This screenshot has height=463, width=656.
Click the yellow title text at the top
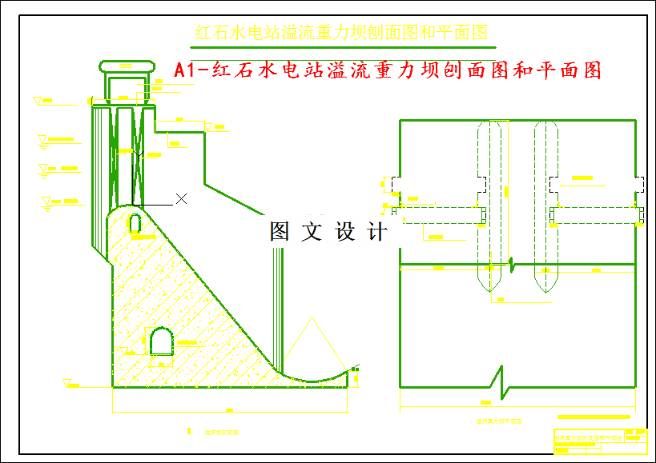click(341, 33)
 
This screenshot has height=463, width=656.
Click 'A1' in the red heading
click(186, 71)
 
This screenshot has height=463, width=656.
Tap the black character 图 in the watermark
click(280, 232)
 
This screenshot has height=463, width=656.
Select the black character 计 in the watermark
click(376, 232)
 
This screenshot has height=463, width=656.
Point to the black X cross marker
click(182, 198)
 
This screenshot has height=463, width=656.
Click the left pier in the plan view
click(492, 206)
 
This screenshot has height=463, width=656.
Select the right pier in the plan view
click(545, 206)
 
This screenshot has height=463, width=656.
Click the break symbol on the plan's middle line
click(513, 262)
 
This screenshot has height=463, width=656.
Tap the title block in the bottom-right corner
click(601, 441)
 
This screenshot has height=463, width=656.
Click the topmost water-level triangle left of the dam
click(38, 101)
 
